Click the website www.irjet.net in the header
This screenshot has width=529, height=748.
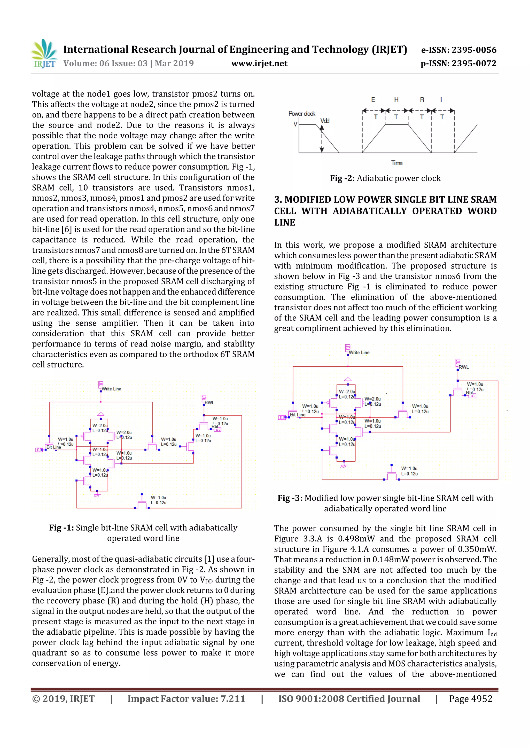[x=259, y=63]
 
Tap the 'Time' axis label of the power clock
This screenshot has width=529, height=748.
[x=397, y=163]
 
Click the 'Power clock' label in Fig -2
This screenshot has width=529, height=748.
[x=301, y=113]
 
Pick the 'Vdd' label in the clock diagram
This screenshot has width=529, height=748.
[x=325, y=121]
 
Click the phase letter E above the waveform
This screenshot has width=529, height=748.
[x=373, y=100]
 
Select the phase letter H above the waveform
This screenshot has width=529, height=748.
[x=396, y=100]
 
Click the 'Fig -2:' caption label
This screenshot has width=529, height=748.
[x=342, y=178]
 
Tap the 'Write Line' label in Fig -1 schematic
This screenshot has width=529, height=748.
[x=111, y=389]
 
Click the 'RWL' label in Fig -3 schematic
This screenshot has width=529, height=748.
[x=463, y=367]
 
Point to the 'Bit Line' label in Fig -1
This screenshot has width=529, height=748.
[x=54, y=447]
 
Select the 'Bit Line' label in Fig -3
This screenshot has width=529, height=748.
[x=298, y=415]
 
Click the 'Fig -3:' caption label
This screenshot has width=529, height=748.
[x=290, y=498]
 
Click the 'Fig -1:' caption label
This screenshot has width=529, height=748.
[x=61, y=528]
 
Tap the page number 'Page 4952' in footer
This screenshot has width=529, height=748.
[x=470, y=699]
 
